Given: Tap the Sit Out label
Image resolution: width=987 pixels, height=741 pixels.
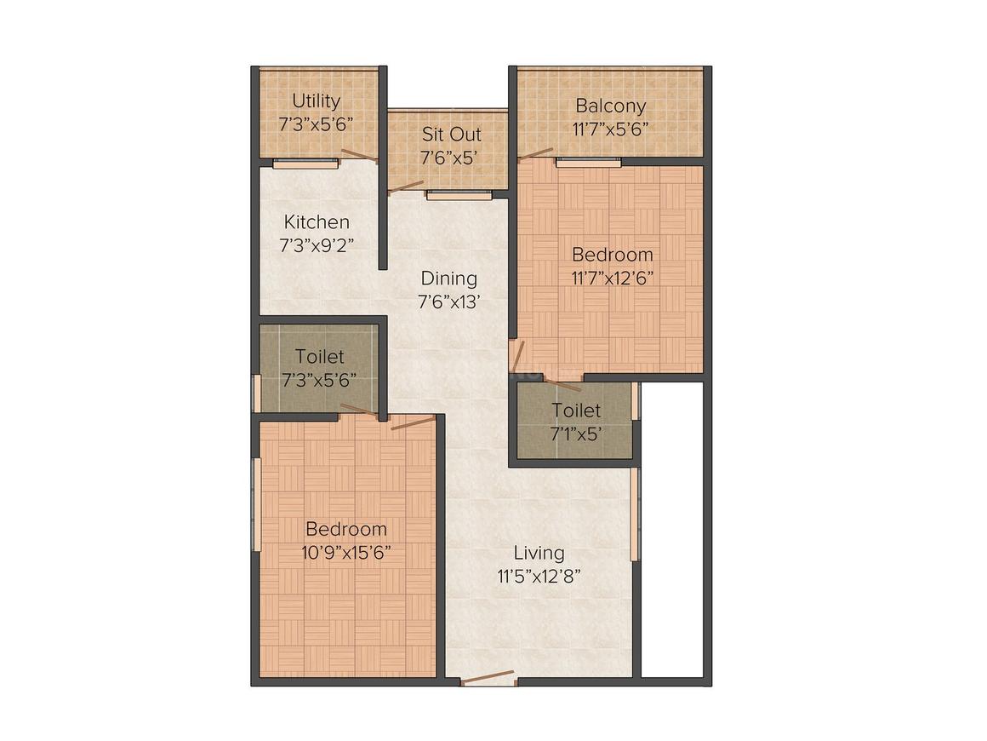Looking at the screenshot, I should click(451, 135).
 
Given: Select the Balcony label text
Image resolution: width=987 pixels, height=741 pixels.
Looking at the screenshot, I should click(610, 106).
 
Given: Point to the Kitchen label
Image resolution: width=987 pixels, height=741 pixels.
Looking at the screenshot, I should click(317, 222).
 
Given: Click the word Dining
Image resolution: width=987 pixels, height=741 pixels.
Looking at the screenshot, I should click(448, 279).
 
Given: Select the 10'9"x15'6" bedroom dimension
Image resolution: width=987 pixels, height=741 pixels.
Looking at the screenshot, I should click(346, 551).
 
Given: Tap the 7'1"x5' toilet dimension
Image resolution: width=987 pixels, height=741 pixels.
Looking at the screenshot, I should click(575, 433).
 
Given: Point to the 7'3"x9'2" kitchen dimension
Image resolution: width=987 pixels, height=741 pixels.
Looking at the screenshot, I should click(317, 245).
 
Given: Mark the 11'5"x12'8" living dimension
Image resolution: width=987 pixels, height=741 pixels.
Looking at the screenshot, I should click(539, 576).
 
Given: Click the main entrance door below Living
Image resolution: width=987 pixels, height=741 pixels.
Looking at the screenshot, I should click(488, 679).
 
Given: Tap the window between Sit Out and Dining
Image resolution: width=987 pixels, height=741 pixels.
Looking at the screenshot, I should click(459, 195).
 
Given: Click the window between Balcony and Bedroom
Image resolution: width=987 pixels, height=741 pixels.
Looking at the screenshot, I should click(588, 161).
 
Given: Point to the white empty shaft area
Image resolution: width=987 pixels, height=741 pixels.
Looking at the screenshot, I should click(672, 528).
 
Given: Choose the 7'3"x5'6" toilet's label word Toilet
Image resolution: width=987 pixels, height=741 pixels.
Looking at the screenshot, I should click(320, 357).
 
